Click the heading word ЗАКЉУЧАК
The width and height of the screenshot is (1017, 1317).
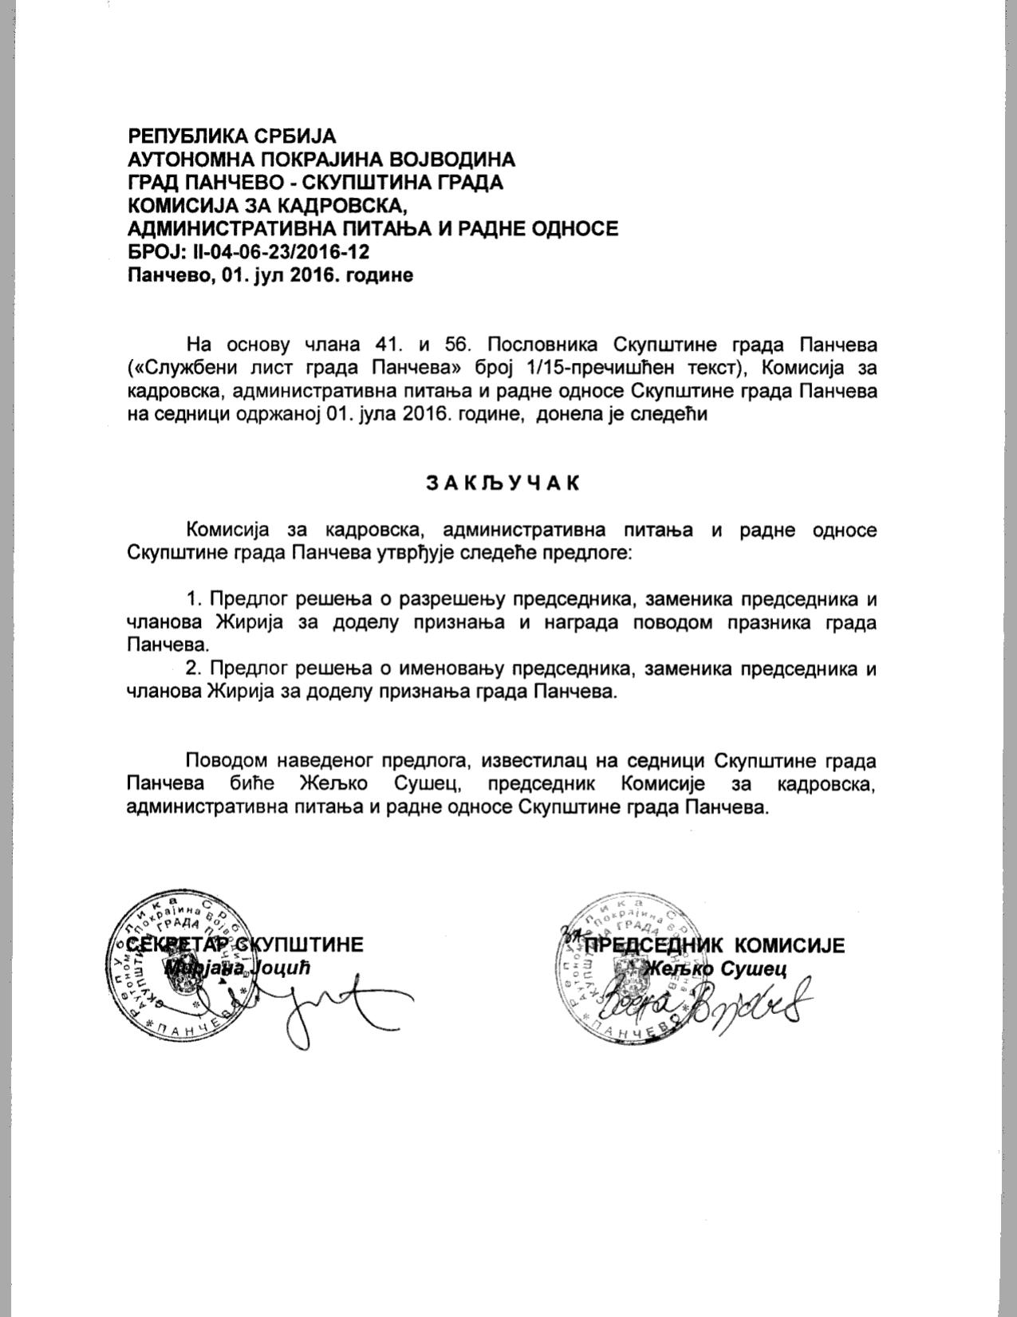[x=503, y=483]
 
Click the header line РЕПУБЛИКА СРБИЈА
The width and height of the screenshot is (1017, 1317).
[x=233, y=136]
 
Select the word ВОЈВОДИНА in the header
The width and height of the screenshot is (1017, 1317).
[x=455, y=159]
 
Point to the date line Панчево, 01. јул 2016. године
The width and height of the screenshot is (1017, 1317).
[x=271, y=276]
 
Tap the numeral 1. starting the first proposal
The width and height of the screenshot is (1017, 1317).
[x=195, y=599]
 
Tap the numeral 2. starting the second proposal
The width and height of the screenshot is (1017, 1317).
[x=195, y=668]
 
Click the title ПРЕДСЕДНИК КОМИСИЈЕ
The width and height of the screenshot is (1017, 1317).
[x=714, y=945]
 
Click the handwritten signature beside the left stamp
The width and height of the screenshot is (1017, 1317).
[x=319, y=1001]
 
